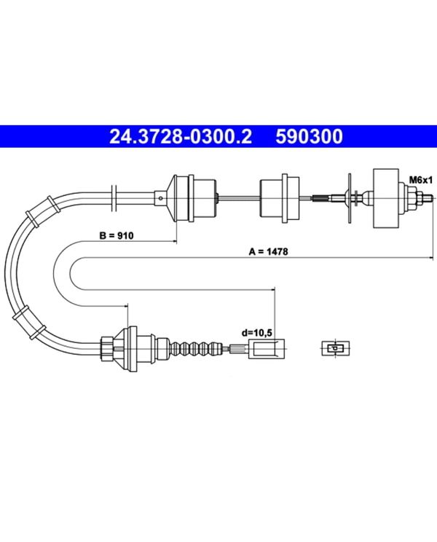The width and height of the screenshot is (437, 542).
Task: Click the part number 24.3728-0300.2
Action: [181, 136]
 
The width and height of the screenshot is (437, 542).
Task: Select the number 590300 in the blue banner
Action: [310, 136]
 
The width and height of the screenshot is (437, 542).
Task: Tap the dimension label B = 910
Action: [117, 236]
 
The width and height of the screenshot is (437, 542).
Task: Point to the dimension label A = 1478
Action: [269, 251]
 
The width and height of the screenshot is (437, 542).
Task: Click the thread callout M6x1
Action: [421, 180]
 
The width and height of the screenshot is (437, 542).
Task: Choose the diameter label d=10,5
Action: [257, 333]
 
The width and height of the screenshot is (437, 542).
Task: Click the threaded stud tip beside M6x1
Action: [427, 198]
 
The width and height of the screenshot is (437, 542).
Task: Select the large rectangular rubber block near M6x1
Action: [386, 198]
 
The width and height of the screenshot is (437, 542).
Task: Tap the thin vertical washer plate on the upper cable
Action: [350, 198]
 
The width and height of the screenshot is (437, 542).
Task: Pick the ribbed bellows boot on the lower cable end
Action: [196, 348]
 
